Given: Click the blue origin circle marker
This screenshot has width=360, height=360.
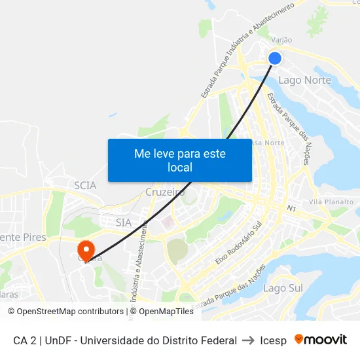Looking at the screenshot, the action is tap(275, 58).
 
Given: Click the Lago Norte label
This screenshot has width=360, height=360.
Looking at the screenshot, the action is tap(304, 81).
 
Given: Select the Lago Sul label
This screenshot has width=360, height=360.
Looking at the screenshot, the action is tap(283, 288).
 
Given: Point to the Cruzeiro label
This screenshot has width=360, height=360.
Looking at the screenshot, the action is tap(165, 192).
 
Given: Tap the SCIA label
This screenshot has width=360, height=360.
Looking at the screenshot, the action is tap(85, 185).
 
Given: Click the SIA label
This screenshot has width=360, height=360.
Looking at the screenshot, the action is tap(123, 223).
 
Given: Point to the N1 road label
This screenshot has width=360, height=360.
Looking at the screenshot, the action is tap(291, 208).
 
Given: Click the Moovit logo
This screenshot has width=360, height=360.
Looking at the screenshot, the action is tap(320, 340).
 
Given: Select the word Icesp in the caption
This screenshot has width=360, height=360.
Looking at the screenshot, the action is tap(273, 340).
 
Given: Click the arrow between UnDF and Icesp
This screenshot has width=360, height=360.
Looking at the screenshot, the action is tap(249, 340).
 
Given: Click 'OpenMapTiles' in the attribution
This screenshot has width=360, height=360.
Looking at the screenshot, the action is tap(166, 312).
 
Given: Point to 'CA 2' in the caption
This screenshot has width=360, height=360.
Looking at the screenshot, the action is tap(25, 340).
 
